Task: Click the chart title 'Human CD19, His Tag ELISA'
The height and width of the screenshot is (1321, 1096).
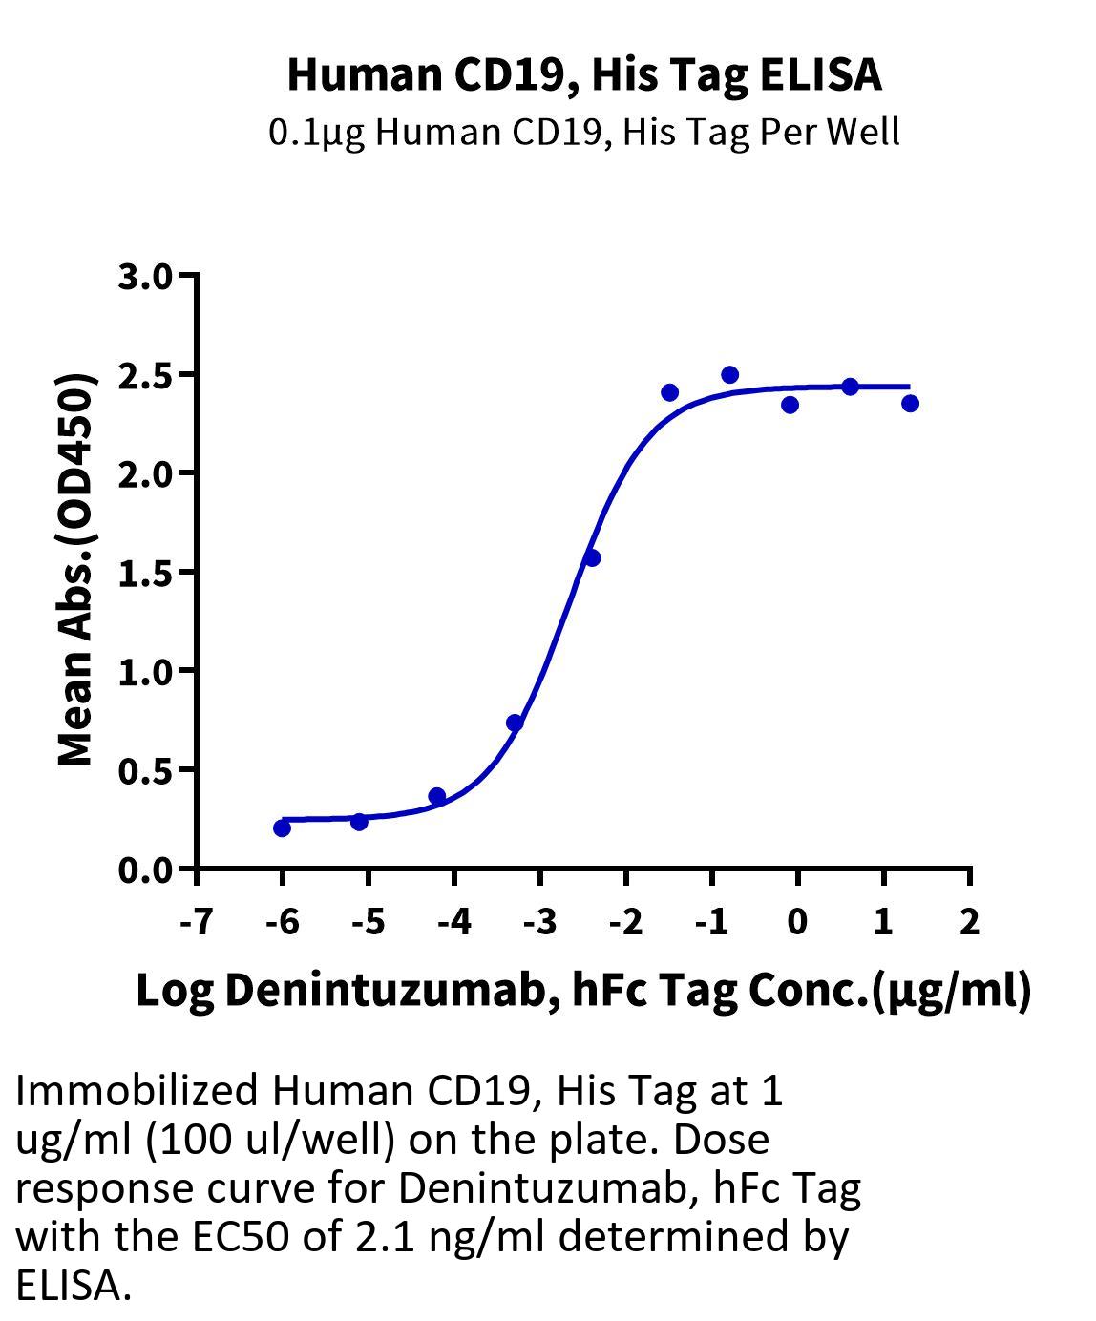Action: coord(584,74)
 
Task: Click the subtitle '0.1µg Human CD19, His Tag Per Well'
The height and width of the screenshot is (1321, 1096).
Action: coord(584,132)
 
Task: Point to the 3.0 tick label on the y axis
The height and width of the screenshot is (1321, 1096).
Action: coord(145,277)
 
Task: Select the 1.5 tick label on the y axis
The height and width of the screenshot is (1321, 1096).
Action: coord(145,573)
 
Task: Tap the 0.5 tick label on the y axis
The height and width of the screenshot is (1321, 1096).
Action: coord(145,770)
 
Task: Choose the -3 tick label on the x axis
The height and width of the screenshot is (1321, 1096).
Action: coord(539,922)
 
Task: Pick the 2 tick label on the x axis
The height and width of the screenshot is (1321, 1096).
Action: coord(969,922)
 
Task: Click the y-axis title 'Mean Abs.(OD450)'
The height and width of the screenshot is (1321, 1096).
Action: coord(76,571)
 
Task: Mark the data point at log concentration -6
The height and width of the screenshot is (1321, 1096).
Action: coord(282,828)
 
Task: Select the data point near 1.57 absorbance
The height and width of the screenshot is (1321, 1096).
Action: coord(591,557)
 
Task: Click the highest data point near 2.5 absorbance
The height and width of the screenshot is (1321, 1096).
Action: coord(729,374)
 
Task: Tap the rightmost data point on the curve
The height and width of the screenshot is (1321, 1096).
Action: coord(910,404)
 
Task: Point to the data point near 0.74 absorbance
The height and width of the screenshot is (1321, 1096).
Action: coord(515,723)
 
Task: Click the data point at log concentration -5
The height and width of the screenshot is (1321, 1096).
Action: coord(359,821)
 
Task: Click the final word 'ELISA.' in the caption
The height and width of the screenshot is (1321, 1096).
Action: coord(73,1286)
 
